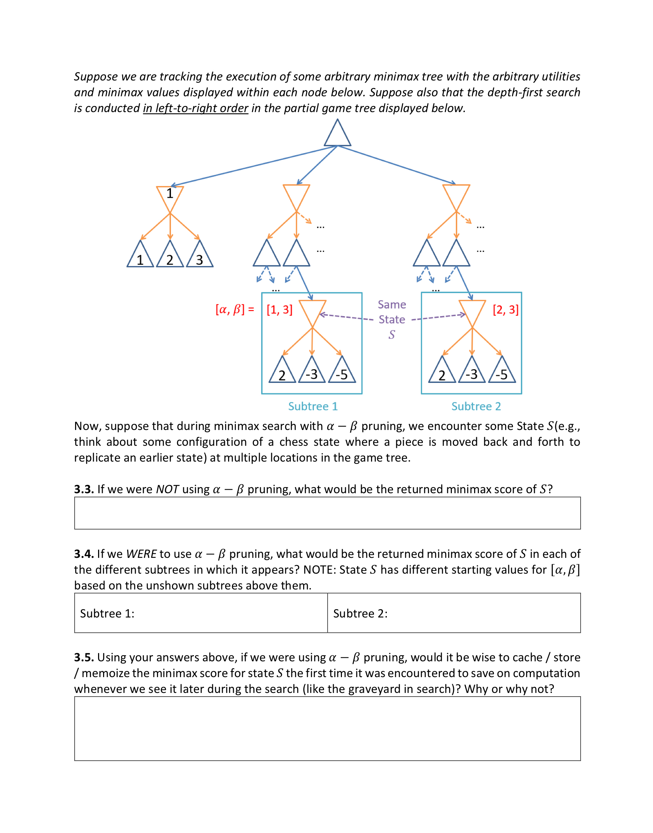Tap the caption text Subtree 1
(x=313, y=406)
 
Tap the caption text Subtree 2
(x=476, y=406)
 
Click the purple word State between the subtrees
(x=392, y=319)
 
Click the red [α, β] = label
(x=235, y=309)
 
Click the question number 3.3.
(x=84, y=489)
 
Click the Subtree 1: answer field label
(x=107, y=614)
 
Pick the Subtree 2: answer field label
(x=360, y=614)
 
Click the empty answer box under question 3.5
(x=327, y=728)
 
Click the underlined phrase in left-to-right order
(x=195, y=108)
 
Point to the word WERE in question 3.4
(x=142, y=554)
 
